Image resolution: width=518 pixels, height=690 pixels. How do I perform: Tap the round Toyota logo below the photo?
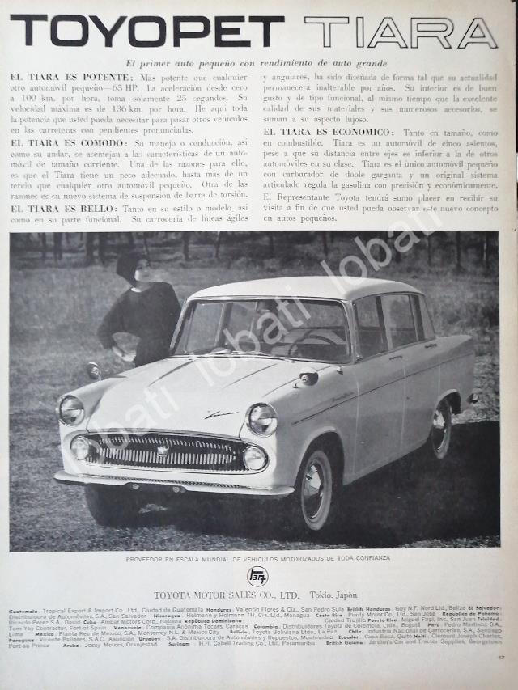pyautogui.click(x=257, y=577)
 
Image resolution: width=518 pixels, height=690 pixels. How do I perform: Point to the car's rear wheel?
pyautogui.click(x=441, y=430)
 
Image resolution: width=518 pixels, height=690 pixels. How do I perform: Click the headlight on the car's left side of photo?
pyautogui.click(x=70, y=409)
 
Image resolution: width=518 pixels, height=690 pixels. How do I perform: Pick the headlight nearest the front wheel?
pyautogui.click(x=261, y=419)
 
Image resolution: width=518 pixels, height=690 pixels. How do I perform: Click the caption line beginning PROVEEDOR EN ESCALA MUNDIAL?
pyautogui.click(x=257, y=558)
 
